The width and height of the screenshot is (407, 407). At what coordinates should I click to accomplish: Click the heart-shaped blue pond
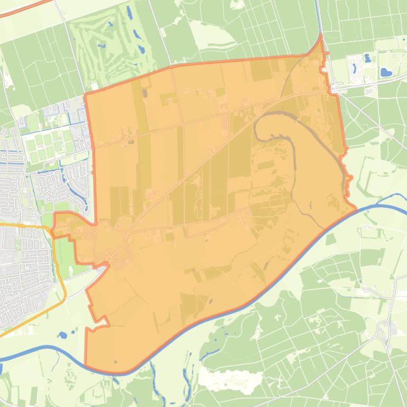point(386,71)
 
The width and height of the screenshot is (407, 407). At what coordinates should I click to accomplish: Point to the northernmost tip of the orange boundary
point(321,35)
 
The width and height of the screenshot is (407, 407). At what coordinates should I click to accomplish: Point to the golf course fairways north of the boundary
point(114,48)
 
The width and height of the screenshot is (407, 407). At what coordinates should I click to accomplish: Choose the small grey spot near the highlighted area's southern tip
point(115,362)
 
